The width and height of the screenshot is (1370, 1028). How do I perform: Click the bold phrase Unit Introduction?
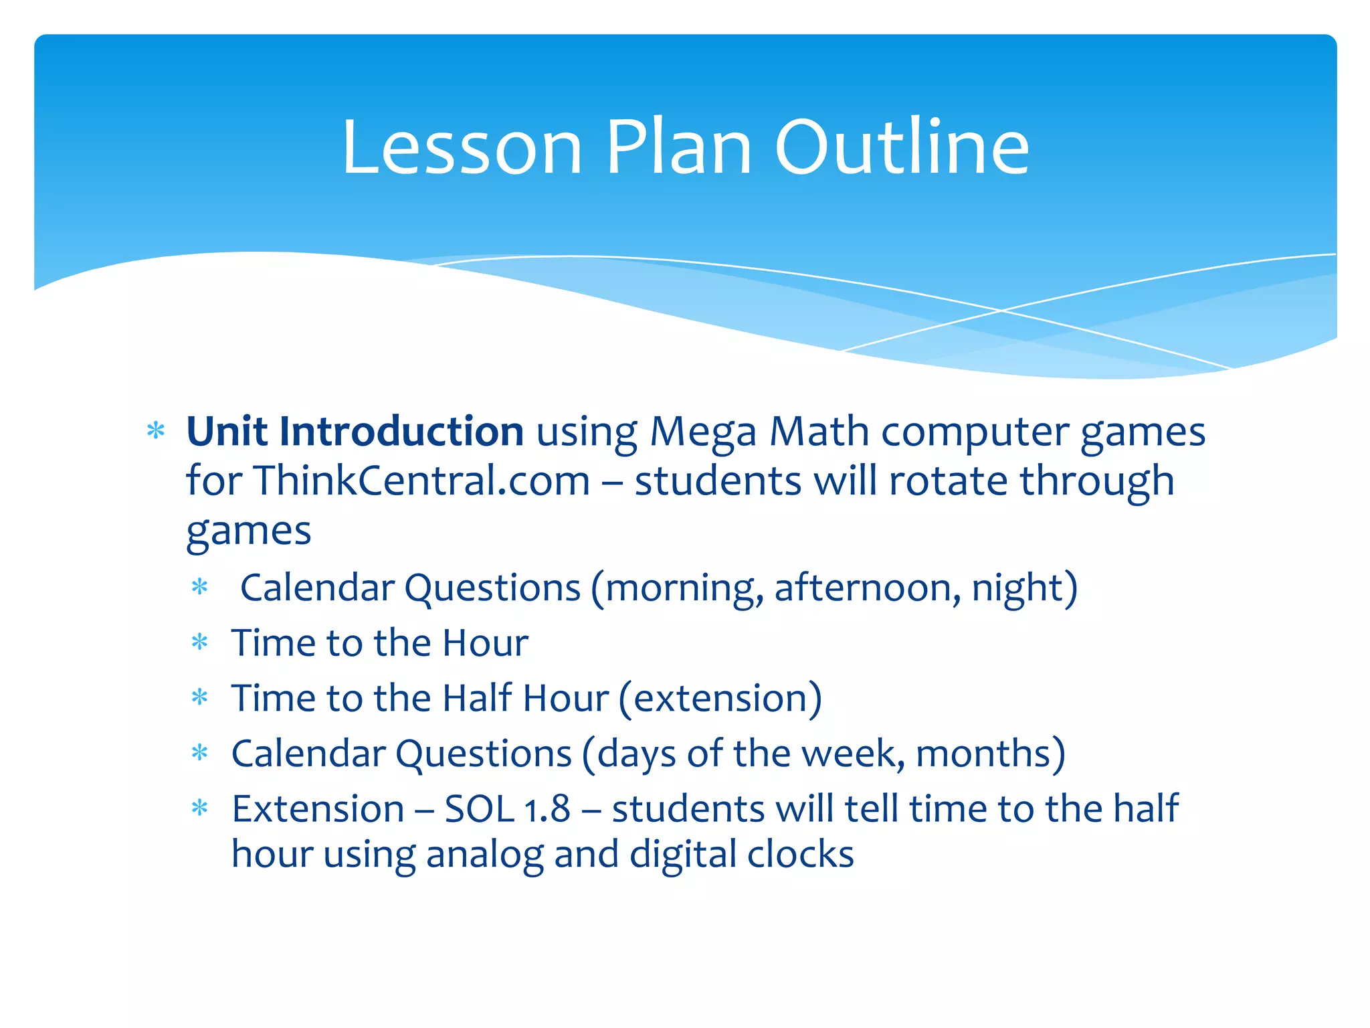click(x=355, y=431)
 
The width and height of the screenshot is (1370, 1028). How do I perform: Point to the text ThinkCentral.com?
click(x=421, y=481)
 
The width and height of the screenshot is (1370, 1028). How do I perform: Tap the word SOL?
click(x=479, y=808)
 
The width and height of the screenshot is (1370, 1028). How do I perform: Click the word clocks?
click(x=800, y=854)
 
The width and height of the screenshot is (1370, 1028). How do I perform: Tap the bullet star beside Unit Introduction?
click(x=156, y=431)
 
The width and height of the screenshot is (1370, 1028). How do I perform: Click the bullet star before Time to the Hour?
click(x=200, y=643)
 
